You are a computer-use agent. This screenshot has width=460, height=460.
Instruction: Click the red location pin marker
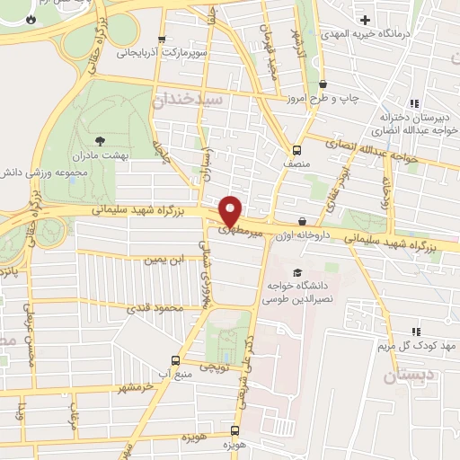coord(232,211)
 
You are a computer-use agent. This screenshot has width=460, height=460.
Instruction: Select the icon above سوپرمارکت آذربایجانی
coord(162,40)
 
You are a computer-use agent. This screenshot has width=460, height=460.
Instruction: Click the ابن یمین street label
coord(168,260)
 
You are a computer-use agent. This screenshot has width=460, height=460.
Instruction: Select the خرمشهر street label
coord(135,387)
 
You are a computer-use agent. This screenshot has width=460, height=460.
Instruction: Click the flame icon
coord(30,18)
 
